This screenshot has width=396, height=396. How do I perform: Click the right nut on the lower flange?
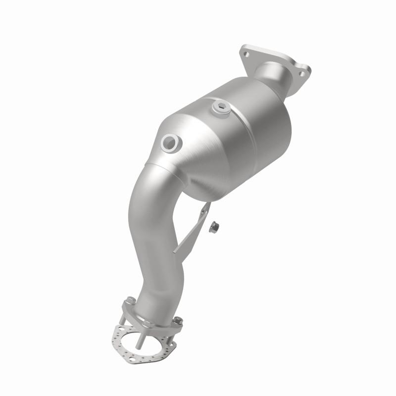tap(178, 320)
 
